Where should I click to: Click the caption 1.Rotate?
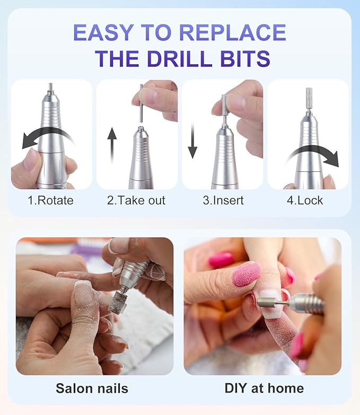[51, 200]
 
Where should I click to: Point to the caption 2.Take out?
[136, 200]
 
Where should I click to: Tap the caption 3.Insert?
[222, 200]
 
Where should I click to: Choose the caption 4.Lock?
[308, 200]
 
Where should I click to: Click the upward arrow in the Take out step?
[112, 146]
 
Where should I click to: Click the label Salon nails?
[92, 388]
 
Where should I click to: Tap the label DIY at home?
[264, 388]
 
